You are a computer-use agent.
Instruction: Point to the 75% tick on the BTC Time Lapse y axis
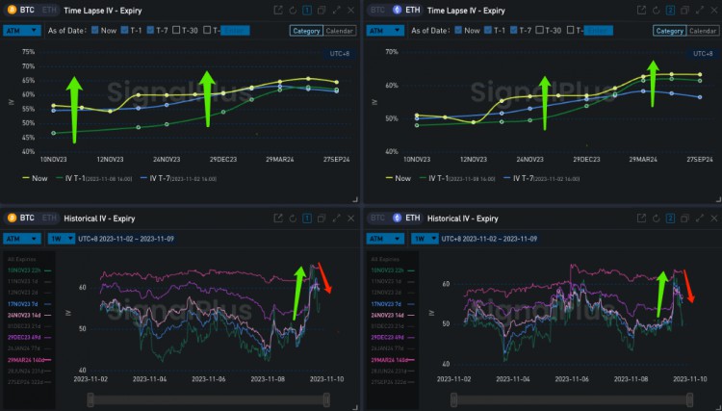tap(29, 52)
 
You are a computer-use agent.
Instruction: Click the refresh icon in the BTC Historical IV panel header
tap(293, 218)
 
